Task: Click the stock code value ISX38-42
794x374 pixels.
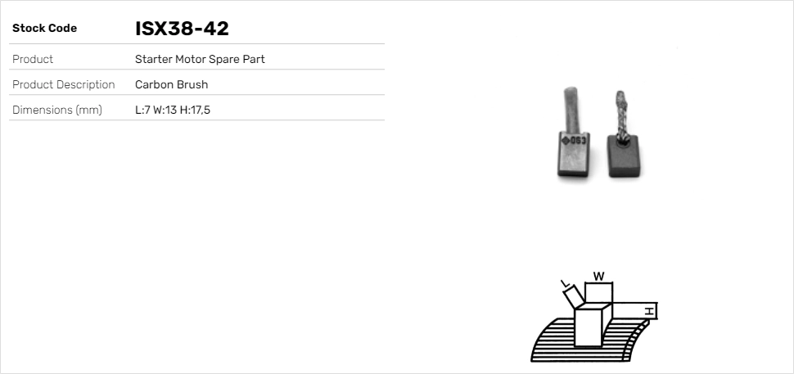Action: pyautogui.click(x=182, y=29)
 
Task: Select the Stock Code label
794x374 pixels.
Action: pyautogui.click(x=44, y=29)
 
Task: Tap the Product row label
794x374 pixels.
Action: pyautogui.click(x=33, y=60)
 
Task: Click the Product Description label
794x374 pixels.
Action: pyautogui.click(x=63, y=85)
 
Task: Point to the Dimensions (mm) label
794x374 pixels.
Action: pyautogui.click(x=56, y=110)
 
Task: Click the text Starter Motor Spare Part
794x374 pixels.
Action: pyautogui.click(x=200, y=60)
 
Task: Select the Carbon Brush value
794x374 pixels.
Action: pyautogui.click(x=171, y=85)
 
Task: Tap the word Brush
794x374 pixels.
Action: pyautogui.click(x=191, y=85)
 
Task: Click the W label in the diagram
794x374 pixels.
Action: pyautogui.click(x=599, y=277)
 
